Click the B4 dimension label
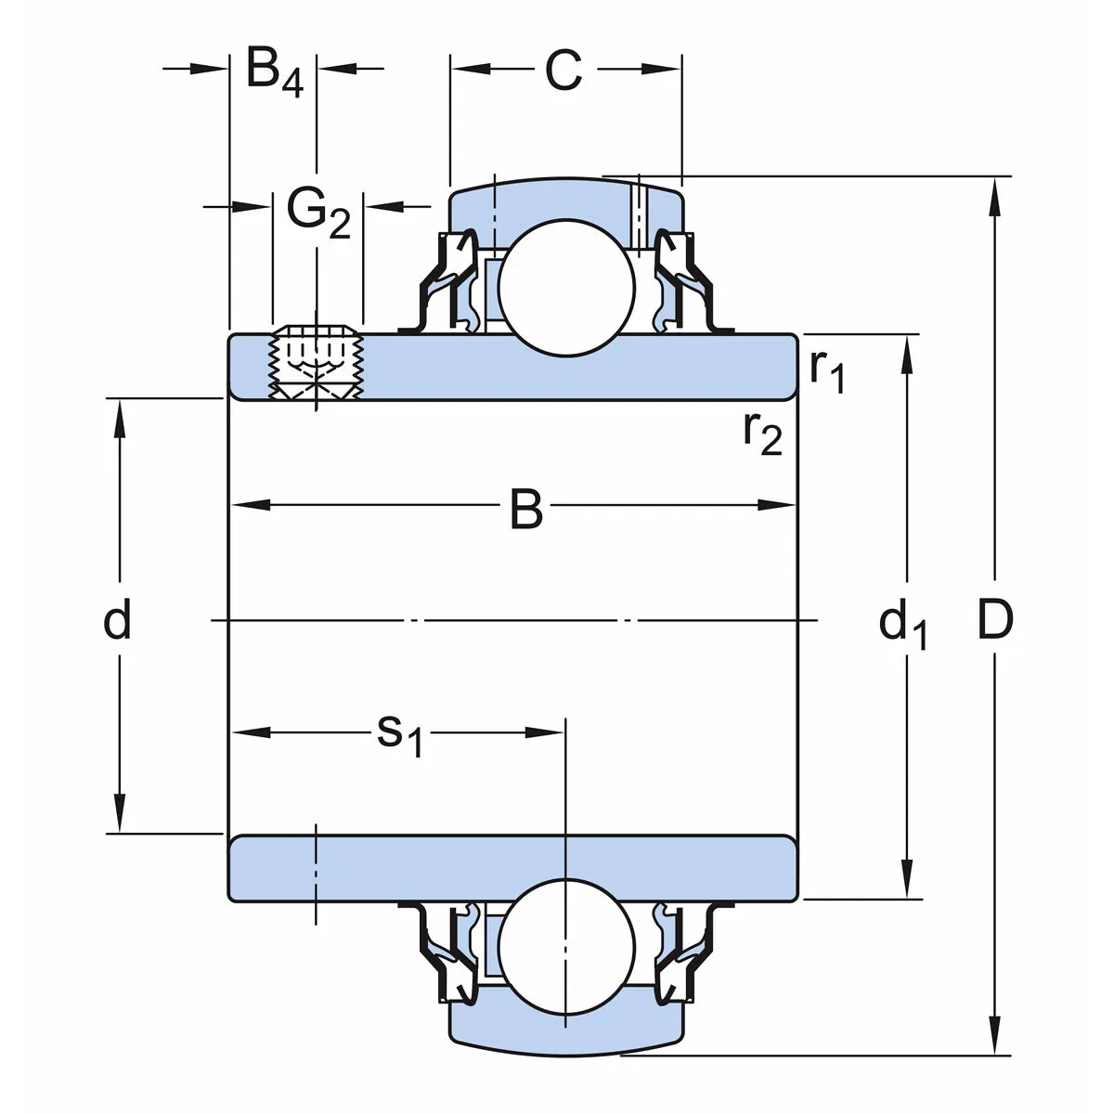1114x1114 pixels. click(x=274, y=71)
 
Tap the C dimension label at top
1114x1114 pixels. click(x=563, y=71)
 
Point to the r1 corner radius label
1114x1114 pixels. click(x=825, y=370)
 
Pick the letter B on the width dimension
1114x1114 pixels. click(x=526, y=510)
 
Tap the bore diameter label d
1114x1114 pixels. click(x=117, y=619)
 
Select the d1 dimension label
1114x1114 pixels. click(x=901, y=624)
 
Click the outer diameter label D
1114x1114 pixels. click(x=994, y=619)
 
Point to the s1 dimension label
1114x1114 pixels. click(x=399, y=734)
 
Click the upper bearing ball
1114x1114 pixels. click(x=566, y=286)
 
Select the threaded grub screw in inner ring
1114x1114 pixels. click(x=317, y=365)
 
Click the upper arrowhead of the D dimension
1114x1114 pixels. click(x=994, y=190)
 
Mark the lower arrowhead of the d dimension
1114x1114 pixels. click(x=119, y=817)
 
